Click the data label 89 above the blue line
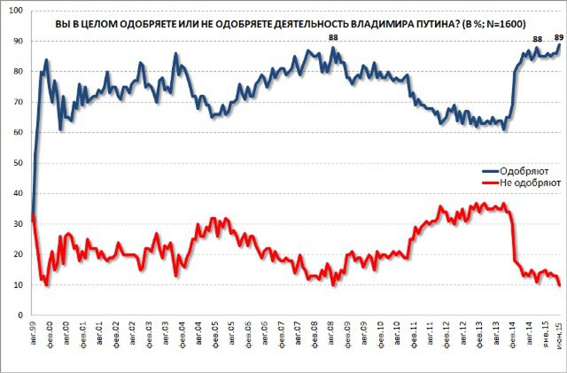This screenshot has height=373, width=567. [558, 36]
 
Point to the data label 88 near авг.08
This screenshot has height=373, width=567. [333, 37]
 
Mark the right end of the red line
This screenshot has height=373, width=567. [560, 284]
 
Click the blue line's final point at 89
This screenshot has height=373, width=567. [560, 44]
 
